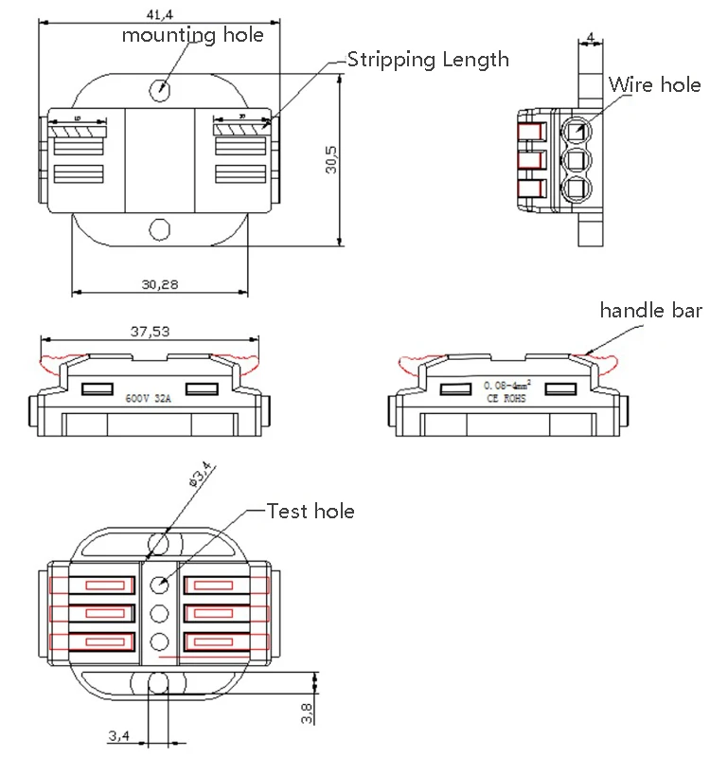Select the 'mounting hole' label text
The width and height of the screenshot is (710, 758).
pos(192,35)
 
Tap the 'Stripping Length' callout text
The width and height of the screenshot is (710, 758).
pos(428,60)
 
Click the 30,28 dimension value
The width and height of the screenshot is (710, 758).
pos(160,283)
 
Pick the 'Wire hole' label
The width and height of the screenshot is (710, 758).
pos(654,84)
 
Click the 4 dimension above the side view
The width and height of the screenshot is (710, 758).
pos(591,38)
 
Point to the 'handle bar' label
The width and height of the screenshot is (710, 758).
pos(651,310)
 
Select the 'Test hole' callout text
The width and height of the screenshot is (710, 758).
pos(311,512)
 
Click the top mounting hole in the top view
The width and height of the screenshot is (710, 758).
pos(160,90)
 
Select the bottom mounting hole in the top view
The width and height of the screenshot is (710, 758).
pos(160,230)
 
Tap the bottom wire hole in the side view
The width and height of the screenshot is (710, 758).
pos(575,188)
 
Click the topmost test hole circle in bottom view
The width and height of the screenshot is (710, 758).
pos(160,583)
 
